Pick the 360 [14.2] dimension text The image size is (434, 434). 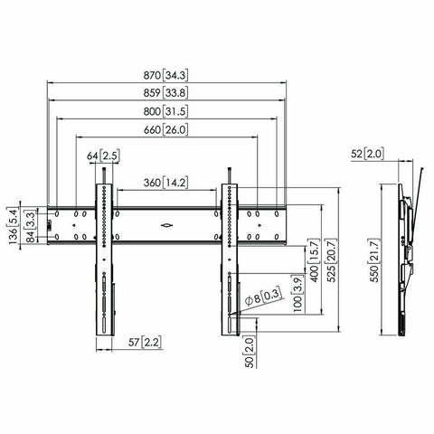click(165, 183)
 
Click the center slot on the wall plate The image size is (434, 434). click(165, 224)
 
